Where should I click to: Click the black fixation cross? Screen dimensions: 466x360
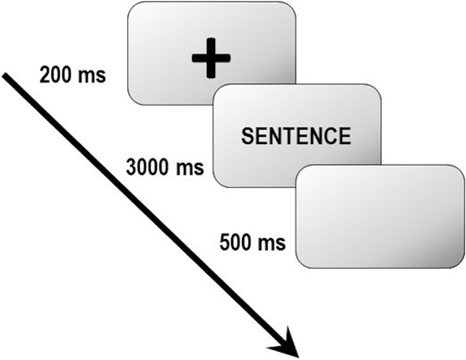(211, 58)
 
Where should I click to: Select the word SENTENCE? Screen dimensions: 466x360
(296, 136)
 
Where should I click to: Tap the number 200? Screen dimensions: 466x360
(56, 74)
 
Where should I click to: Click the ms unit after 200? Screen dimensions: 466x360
(92, 76)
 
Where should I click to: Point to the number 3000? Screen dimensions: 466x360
(149, 167)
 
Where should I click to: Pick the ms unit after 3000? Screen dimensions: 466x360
(190, 168)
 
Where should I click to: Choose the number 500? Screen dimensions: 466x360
(237, 242)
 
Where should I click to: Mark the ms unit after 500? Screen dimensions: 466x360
(272, 244)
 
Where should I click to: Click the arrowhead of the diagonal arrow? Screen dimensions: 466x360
(286, 343)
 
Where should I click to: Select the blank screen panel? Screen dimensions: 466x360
(380, 216)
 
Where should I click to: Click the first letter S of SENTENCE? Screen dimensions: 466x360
(247, 136)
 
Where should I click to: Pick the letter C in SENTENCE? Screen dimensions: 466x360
(331, 136)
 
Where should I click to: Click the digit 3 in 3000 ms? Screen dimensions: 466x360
(132, 167)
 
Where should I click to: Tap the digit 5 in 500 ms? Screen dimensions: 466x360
(225, 242)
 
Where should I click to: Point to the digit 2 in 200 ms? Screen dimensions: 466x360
(45, 74)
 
